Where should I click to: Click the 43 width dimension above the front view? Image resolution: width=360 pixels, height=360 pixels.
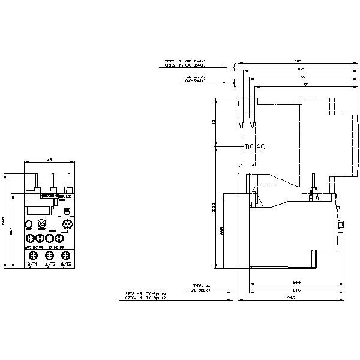click(x=50, y=160)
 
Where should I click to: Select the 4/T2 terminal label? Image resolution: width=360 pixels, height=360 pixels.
click(x=50, y=264)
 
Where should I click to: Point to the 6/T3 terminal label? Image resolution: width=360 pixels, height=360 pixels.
click(x=68, y=264)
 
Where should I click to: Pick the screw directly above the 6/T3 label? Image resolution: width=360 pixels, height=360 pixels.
click(x=68, y=256)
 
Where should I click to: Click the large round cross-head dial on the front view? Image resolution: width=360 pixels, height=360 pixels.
click(x=67, y=224)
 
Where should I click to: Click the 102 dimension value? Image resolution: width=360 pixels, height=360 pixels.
click(x=300, y=70)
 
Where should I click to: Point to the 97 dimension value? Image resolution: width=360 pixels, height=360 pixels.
click(x=303, y=78)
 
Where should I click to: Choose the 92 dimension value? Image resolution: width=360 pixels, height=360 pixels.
click(x=306, y=86)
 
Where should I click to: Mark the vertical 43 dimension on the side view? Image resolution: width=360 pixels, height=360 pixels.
click(x=214, y=122)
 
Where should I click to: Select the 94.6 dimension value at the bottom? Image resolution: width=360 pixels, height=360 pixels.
click(x=291, y=297)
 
